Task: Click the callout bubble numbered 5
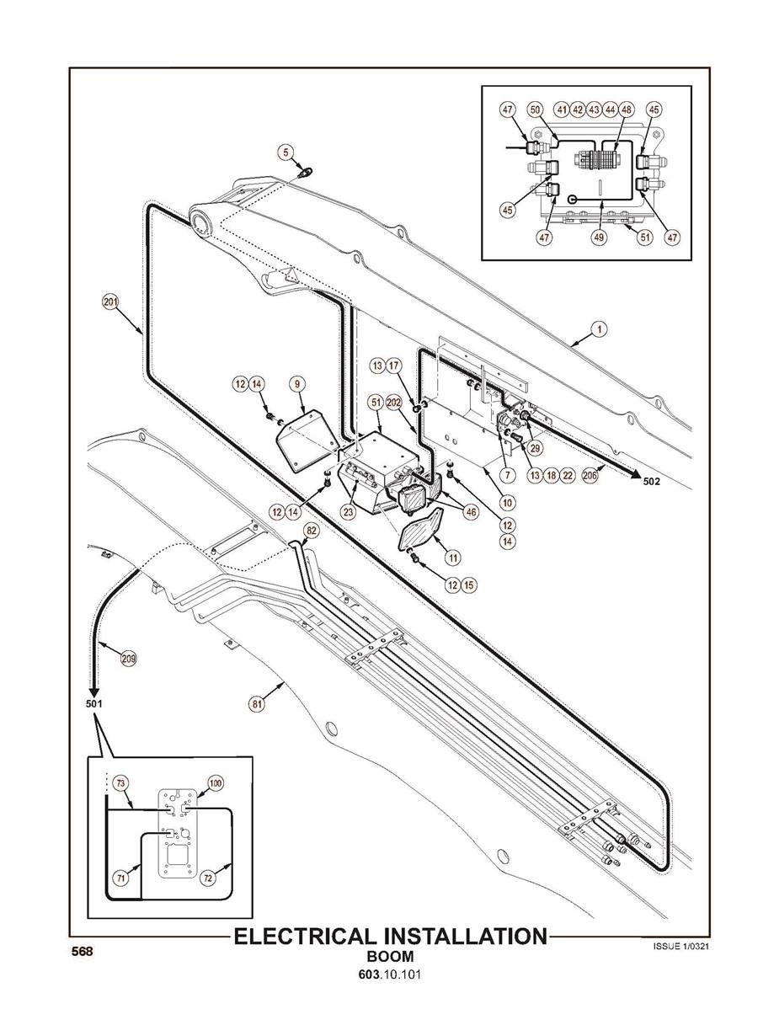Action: coord(287,152)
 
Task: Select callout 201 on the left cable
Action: coord(110,302)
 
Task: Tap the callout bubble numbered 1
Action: coord(598,330)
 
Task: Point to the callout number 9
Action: coord(296,383)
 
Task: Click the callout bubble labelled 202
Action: coord(393,403)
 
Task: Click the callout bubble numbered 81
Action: coord(258,701)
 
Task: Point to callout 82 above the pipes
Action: coord(312,531)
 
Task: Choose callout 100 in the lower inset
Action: coord(215,782)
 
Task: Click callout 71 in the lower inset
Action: coord(121,878)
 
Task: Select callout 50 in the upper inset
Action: coord(535,109)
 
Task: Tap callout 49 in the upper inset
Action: coord(599,238)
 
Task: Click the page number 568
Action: coord(81,951)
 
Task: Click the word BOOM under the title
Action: coord(390,957)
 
